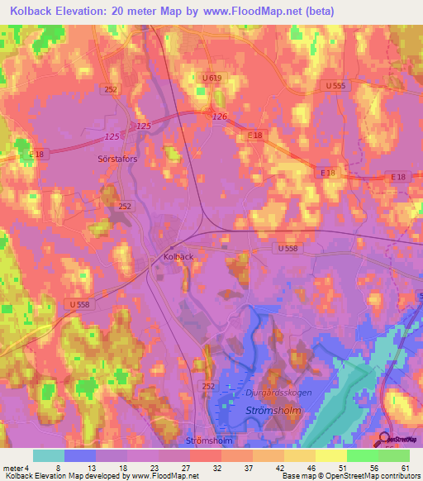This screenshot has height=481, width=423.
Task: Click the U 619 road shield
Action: coord(211,78)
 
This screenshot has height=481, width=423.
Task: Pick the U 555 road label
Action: coord(335,85)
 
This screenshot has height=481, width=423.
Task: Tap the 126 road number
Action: coord(219,117)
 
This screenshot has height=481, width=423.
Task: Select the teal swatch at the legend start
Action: coord(49,455)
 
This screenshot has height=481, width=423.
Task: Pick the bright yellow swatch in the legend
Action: coord(331,455)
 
